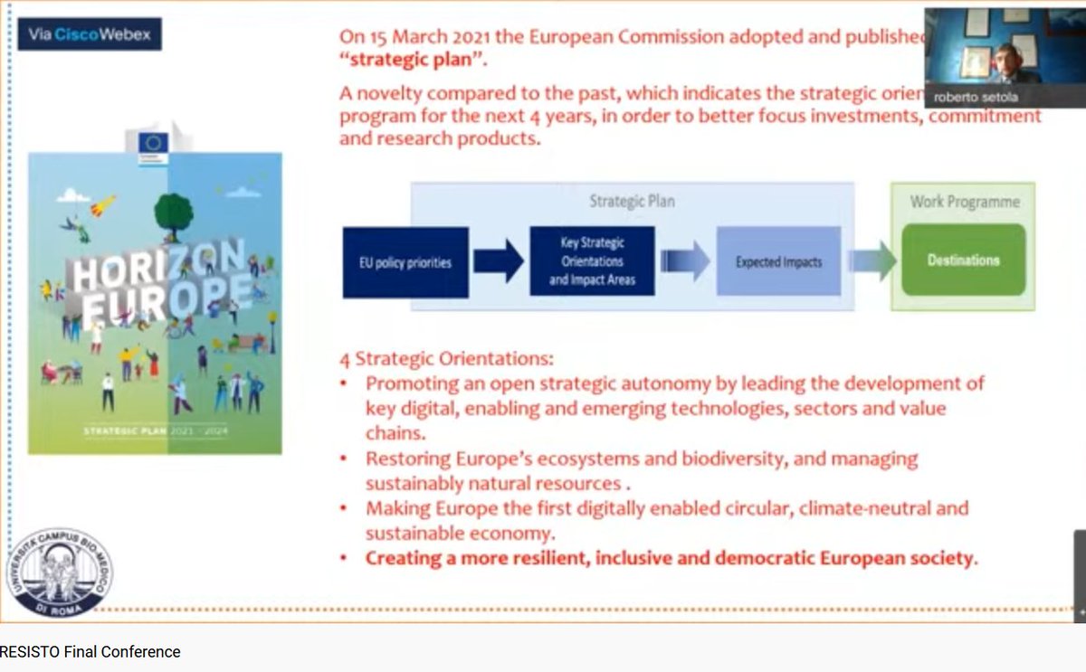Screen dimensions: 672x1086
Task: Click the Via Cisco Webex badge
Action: [x=90, y=34]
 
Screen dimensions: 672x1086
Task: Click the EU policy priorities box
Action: [x=405, y=262]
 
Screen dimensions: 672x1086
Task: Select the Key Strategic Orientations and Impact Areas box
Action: [x=591, y=262]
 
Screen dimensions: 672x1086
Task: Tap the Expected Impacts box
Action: [x=778, y=262]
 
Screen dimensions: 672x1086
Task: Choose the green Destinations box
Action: [x=963, y=260]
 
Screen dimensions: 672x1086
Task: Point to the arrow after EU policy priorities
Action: [x=499, y=262]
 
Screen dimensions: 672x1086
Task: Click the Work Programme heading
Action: [x=964, y=201]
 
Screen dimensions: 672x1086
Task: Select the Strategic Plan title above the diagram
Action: [x=632, y=201]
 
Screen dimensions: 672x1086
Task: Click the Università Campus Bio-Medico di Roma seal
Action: [x=60, y=573]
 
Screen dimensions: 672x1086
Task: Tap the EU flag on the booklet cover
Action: [x=154, y=142]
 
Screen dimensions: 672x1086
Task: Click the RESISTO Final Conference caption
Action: [x=90, y=652]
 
